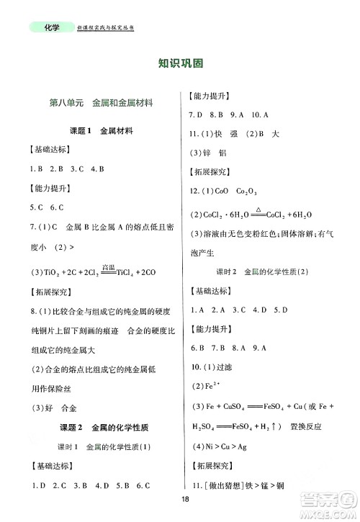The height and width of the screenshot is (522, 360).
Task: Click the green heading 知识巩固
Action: [179, 63]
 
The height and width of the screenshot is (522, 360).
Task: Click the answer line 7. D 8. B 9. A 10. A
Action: [228, 114]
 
